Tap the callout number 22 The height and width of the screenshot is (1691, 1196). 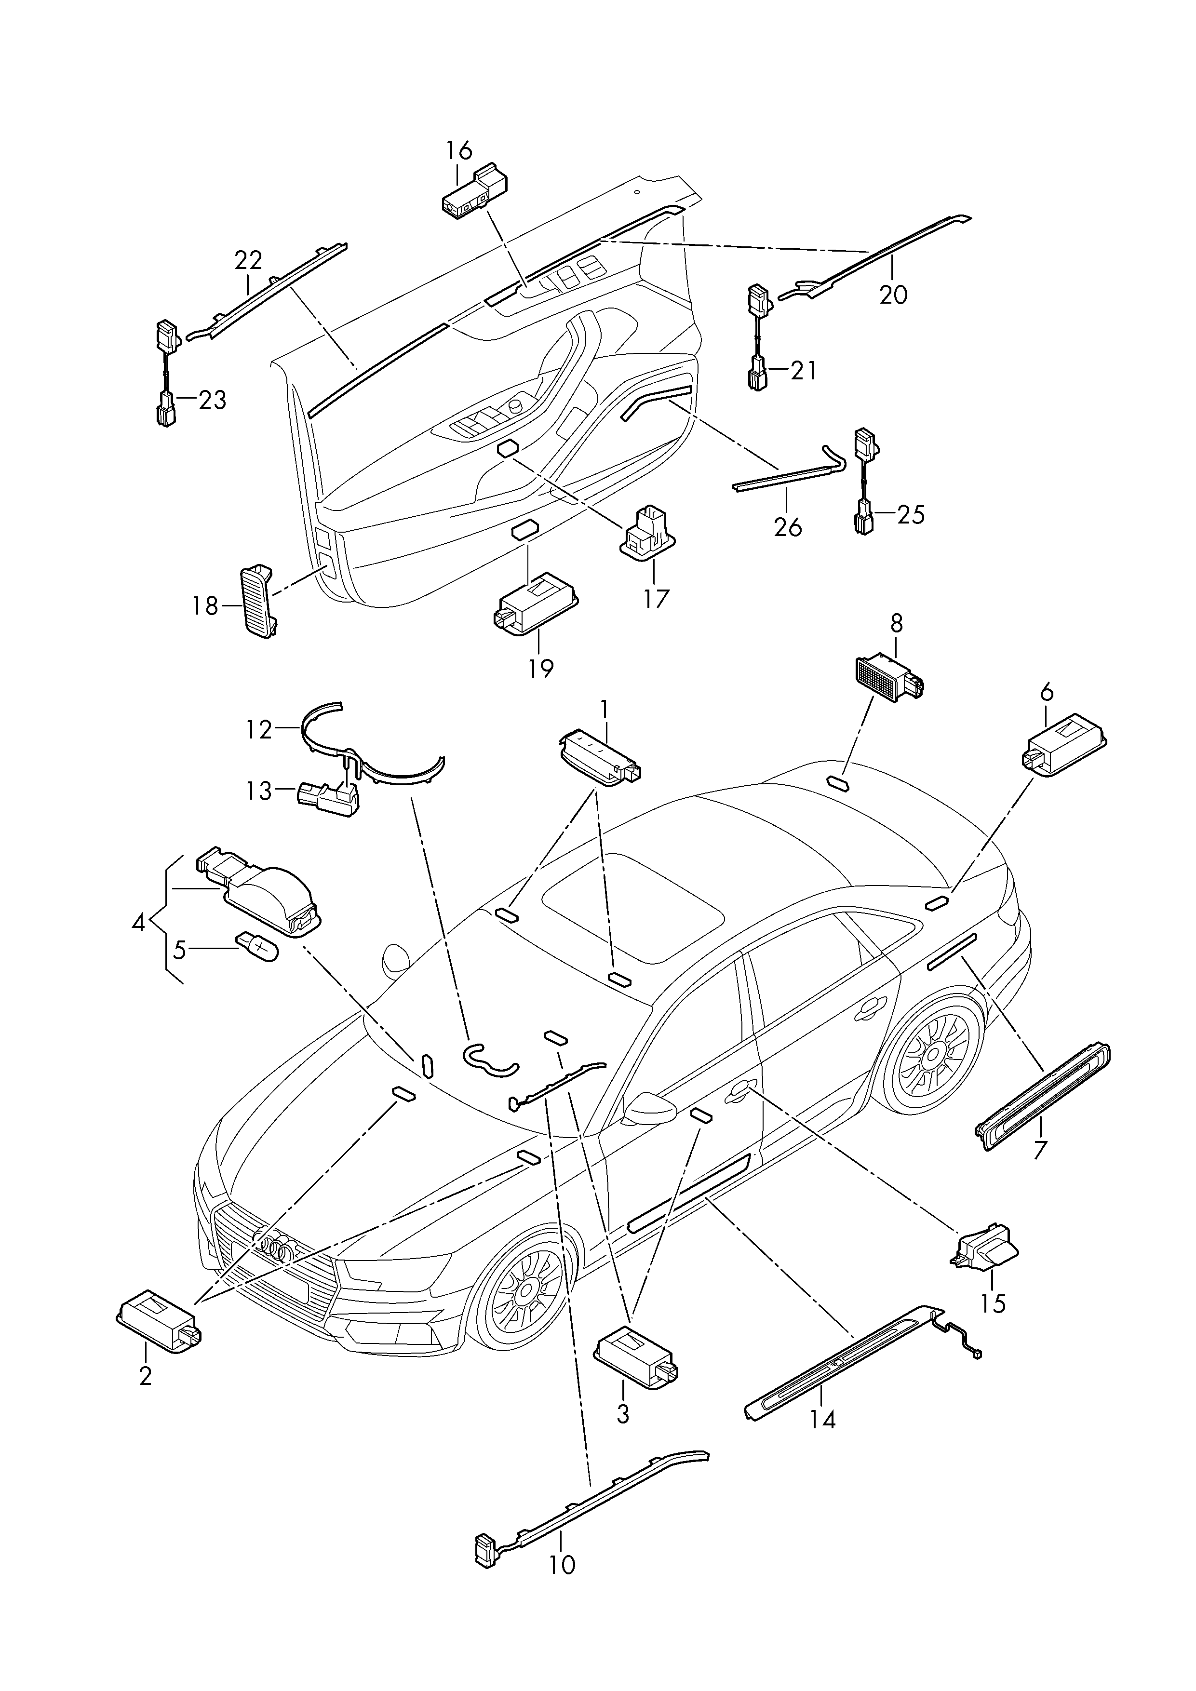point(248,261)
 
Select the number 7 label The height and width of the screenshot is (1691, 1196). point(1039,1170)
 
